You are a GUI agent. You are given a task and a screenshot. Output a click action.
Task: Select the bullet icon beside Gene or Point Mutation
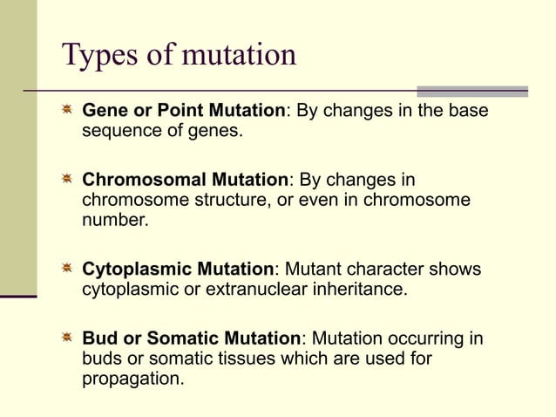tap(66, 111)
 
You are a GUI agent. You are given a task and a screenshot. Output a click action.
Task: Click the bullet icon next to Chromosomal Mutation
tap(66, 180)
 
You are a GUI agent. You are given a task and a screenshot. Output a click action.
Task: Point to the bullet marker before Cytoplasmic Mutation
tap(66, 270)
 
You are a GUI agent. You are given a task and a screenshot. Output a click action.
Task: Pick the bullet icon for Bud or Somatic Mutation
tap(66, 338)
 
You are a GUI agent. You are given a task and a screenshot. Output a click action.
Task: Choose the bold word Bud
tap(99, 338)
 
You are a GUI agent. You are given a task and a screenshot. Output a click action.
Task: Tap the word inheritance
tap(361, 290)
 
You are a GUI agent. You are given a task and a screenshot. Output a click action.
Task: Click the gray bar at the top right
tap(472, 91)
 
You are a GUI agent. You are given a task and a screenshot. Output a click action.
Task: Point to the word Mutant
tap(313, 270)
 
